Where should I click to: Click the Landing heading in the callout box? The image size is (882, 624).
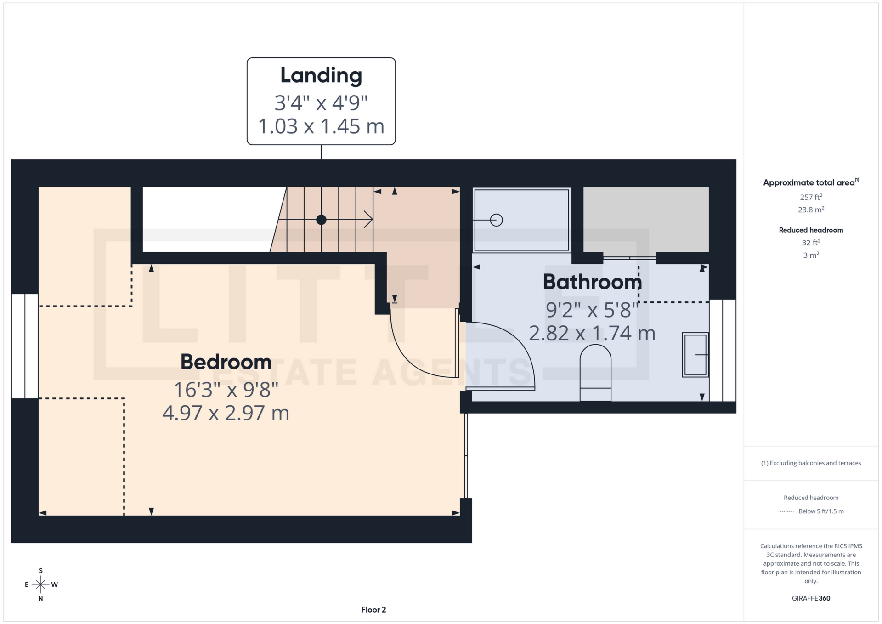point(321,75)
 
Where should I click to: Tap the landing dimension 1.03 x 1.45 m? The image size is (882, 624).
point(321,126)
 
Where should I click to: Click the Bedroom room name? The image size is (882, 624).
point(226,362)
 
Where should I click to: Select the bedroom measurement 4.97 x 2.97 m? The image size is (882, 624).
point(226,413)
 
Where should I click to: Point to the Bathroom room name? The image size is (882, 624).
point(592,282)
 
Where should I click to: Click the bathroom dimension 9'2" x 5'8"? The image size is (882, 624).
point(592,310)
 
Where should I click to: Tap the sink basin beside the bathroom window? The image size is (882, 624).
point(695,355)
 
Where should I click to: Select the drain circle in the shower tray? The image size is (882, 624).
point(496,220)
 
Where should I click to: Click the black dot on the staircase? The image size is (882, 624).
point(321,220)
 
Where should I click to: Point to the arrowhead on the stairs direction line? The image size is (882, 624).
point(369,220)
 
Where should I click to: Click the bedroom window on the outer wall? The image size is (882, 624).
point(25,346)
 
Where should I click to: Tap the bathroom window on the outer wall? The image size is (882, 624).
point(723,351)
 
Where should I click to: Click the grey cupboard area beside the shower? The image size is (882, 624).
point(645,219)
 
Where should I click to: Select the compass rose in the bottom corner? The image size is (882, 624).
point(40,584)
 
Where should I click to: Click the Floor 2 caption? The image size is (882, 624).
point(373,610)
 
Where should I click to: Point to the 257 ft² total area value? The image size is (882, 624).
point(811,197)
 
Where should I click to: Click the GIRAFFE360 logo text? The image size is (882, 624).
point(811,598)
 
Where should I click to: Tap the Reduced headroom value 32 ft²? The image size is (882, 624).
point(811,243)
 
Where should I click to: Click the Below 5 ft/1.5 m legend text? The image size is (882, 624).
point(820,511)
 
